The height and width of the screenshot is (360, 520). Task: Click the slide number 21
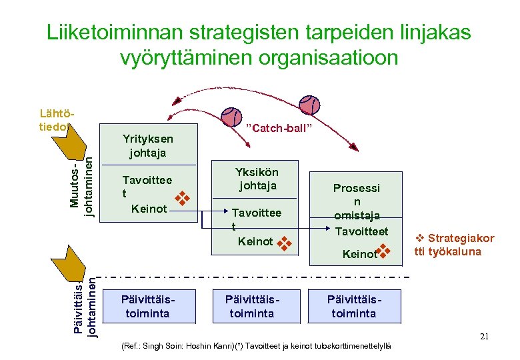click(x=485, y=337)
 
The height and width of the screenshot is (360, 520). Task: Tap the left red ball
click(x=232, y=117)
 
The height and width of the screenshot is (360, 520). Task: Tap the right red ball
click(x=309, y=105)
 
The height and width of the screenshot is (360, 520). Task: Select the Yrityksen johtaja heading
click(x=148, y=145)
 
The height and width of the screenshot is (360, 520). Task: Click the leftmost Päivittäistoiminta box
click(x=147, y=307)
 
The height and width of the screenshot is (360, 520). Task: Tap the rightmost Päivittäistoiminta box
click(x=354, y=307)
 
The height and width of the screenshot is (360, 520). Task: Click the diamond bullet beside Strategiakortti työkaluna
click(x=420, y=238)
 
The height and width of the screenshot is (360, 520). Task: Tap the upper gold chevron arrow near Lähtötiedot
click(x=65, y=141)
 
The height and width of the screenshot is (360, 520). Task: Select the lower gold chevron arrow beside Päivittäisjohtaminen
click(x=65, y=264)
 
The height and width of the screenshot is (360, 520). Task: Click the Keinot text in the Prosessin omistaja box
click(x=359, y=254)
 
